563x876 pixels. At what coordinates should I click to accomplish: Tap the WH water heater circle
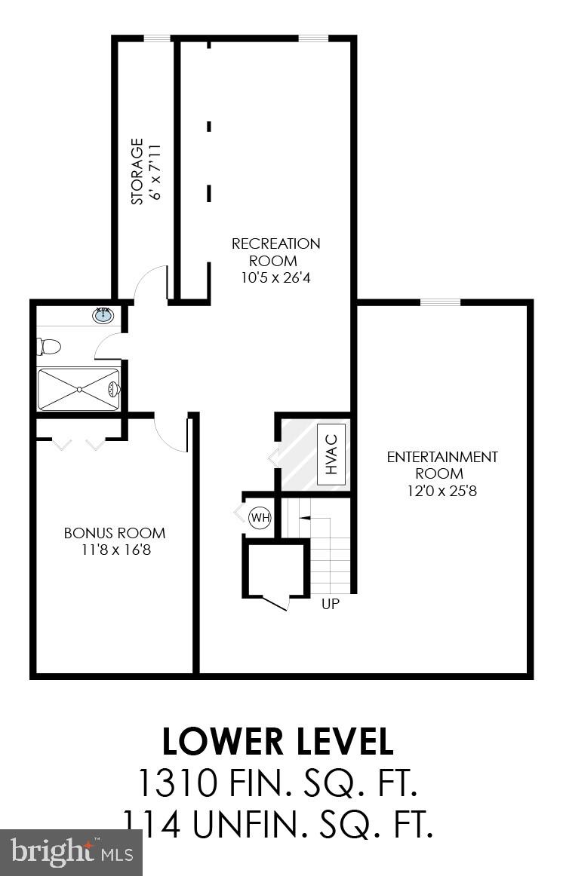pyautogui.click(x=260, y=518)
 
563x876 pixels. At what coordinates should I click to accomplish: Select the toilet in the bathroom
pyautogui.click(x=49, y=348)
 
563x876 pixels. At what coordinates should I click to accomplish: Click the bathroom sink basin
pyautogui.click(x=103, y=315)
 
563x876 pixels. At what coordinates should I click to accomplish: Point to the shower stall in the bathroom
pyautogui.click(x=78, y=389)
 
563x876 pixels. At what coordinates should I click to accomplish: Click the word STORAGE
pyautogui.click(x=137, y=171)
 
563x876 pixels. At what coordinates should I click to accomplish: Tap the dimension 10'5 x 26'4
pyautogui.click(x=275, y=277)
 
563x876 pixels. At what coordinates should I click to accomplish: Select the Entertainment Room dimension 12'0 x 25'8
pyautogui.click(x=442, y=491)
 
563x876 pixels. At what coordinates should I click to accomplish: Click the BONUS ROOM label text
pyautogui.click(x=115, y=533)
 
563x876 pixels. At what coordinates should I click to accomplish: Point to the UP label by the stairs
pyautogui.click(x=330, y=604)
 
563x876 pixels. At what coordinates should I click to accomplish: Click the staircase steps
pyautogui.click(x=331, y=554)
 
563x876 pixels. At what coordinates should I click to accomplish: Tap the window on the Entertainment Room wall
pyautogui.click(x=440, y=302)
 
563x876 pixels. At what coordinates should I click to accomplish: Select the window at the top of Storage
pyautogui.click(x=157, y=38)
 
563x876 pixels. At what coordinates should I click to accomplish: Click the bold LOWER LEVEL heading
pyautogui.click(x=278, y=742)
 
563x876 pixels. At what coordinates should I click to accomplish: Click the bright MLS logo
pyautogui.click(x=72, y=853)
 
